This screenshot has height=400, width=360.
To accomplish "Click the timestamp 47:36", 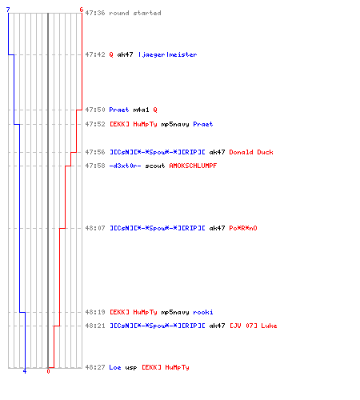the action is (95, 13).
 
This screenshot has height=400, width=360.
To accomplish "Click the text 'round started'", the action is (135, 13).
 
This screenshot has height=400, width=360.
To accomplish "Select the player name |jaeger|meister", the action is (168, 54).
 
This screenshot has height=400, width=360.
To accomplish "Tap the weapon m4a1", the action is (141, 110).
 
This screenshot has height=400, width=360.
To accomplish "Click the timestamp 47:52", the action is (95, 124).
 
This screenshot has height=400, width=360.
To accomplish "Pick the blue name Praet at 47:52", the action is (203, 124).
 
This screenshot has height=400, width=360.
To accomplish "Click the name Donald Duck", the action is (251, 152).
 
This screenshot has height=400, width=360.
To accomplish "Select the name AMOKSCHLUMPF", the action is (193, 166).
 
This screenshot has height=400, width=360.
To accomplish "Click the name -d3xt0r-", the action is (125, 166).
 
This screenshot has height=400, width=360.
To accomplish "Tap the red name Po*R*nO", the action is (243, 228).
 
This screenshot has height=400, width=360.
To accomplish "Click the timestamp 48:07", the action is (95, 228).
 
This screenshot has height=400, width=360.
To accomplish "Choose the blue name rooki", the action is (203, 312).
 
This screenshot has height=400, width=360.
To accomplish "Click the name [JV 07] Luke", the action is (254, 326).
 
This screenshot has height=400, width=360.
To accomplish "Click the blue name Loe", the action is (115, 367).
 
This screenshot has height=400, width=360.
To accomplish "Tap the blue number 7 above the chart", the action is (8, 10).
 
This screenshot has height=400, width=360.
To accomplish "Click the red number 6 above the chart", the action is (82, 10).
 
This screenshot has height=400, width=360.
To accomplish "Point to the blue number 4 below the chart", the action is (25, 371).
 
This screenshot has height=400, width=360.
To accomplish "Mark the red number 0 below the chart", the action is (48, 371).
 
